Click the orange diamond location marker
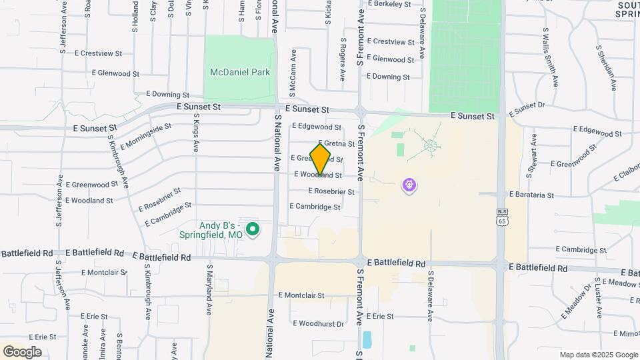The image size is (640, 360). point(321,159)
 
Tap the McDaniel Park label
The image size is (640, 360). point(240,72)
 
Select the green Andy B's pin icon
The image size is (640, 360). point(253,230)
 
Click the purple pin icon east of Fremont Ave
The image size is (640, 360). point(409,184)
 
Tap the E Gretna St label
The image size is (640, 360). point(337,143)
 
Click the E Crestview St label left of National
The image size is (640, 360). point(99,53)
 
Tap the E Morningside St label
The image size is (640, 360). point(146,136)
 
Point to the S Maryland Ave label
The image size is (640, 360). point(209,292)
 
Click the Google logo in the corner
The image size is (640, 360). point(22,352)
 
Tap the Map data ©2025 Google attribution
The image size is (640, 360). point(598,355)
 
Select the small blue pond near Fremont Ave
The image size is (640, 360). point(367,340)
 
